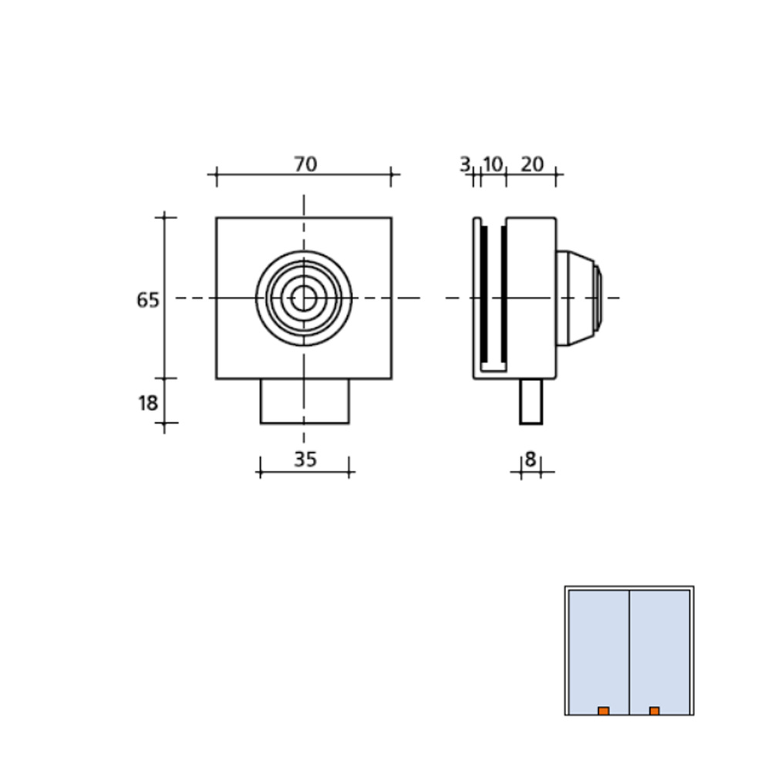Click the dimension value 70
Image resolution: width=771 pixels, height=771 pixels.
[x=305, y=164]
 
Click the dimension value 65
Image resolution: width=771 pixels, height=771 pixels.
[x=148, y=300]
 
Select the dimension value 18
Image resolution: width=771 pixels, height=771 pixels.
[x=148, y=402]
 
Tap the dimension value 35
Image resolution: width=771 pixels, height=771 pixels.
[x=305, y=460]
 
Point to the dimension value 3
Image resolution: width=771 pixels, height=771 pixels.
[x=464, y=164]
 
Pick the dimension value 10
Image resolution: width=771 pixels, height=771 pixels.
[x=493, y=164]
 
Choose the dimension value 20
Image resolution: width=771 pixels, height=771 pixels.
[x=532, y=164]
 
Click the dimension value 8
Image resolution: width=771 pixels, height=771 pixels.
[x=530, y=460]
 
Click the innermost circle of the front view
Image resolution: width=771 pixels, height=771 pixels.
[x=304, y=298]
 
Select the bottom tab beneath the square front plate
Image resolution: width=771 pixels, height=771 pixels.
[x=305, y=401]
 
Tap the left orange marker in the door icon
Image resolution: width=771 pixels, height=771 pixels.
[x=604, y=711]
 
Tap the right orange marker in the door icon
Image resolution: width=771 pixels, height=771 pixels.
[x=654, y=711]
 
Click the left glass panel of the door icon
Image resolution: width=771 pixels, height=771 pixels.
[x=599, y=648]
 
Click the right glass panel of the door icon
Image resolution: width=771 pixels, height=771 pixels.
[x=660, y=648]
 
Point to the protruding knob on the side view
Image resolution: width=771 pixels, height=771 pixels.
[x=578, y=298]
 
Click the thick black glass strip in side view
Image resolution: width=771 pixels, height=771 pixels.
[x=484, y=298]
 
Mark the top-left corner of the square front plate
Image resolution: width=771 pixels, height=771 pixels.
[x=217, y=218]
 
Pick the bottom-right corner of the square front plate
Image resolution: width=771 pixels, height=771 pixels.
[x=391, y=378]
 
